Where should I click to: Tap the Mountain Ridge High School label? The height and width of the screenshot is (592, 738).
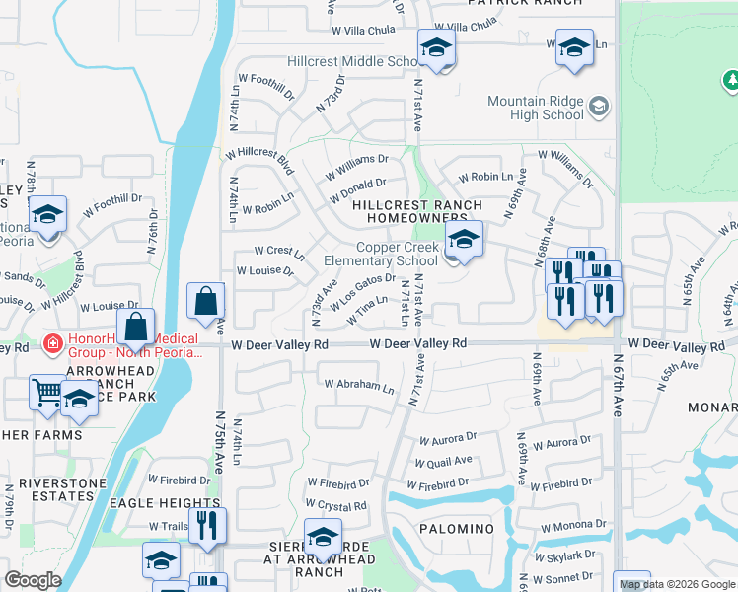tap(536, 108)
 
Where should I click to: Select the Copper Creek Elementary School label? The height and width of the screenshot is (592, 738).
tap(383, 255)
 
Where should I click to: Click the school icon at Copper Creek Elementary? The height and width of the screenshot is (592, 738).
tap(463, 239)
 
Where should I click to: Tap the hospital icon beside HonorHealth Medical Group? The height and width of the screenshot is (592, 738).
tap(52, 345)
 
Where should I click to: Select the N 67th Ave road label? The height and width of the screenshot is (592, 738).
tap(617, 388)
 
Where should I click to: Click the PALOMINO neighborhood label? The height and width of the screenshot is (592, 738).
tap(456, 529)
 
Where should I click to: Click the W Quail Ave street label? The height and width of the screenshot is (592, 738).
tap(443, 461)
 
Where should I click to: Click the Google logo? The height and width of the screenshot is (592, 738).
tap(33, 580)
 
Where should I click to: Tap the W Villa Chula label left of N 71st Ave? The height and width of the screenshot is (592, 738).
tap(366, 30)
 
